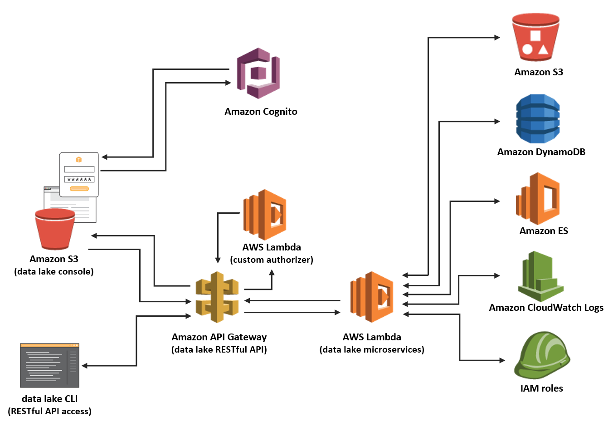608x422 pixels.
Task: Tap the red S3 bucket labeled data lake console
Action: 55,230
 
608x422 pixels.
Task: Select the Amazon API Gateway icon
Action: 217,297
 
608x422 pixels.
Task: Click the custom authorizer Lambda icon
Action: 265,215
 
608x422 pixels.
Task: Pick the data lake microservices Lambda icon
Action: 372,297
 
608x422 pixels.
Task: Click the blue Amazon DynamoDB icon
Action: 538,119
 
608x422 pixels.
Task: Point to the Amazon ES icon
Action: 538,199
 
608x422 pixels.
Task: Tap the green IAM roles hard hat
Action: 541,356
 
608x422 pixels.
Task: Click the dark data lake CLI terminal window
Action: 49,365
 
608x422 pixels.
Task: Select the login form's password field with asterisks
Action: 79,179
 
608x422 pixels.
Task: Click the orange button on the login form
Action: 79,188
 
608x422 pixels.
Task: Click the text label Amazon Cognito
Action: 261,112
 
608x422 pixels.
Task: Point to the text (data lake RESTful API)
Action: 219,349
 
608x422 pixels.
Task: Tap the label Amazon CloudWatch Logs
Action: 546,308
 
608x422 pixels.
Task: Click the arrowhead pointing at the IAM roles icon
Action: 502,360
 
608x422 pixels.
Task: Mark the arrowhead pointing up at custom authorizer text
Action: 272,273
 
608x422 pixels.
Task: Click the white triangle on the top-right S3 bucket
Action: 543,49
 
